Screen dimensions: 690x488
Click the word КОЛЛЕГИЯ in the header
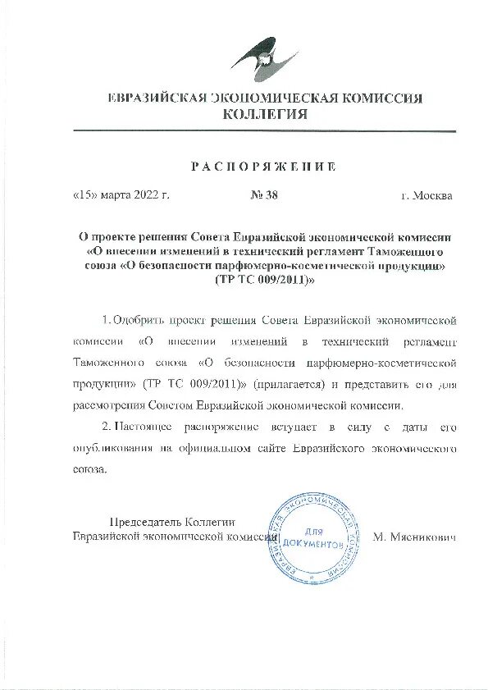click(x=265, y=114)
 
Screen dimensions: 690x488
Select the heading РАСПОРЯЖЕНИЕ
click(x=263, y=167)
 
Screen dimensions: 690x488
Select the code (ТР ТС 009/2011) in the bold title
click(x=264, y=279)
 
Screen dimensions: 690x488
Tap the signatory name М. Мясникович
click(x=414, y=537)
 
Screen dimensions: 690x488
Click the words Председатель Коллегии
click(x=173, y=522)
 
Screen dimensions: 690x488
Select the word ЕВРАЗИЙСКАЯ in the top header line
click(x=156, y=98)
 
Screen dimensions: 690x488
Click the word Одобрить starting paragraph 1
click(x=139, y=318)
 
